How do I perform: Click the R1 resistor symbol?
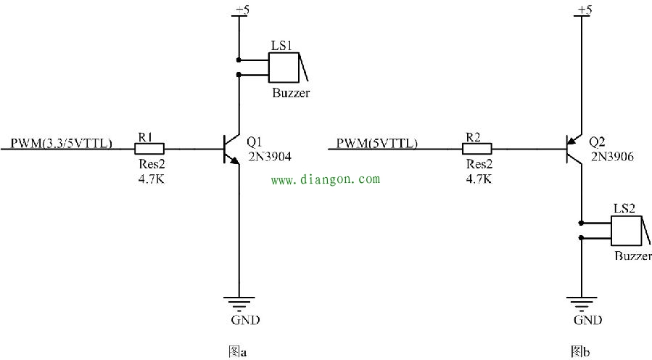(x=149, y=149)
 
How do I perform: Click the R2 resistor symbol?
(x=477, y=149)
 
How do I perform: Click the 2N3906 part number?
(x=611, y=156)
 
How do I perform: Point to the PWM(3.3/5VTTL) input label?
(x=61, y=143)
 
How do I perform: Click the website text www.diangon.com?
(x=325, y=179)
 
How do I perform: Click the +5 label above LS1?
(x=239, y=10)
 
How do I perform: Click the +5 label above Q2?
(x=583, y=10)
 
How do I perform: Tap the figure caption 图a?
(x=238, y=352)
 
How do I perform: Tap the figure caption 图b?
(x=580, y=352)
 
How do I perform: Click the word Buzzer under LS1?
(x=291, y=93)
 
